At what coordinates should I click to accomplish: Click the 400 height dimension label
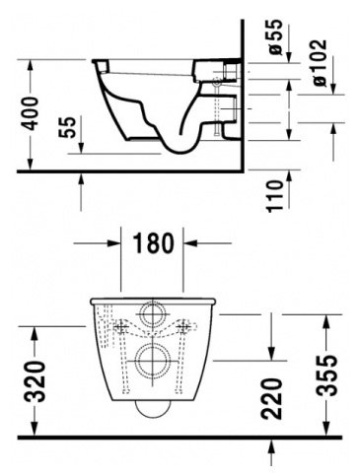pyautogui.click(x=32, y=113)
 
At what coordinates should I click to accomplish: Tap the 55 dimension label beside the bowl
pyautogui.click(x=68, y=127)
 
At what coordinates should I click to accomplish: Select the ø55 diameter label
pyautogui.click(x=275, y=36)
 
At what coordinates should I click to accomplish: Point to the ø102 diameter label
pyautogui.click(x=320, y=63)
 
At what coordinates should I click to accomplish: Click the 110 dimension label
pyautogui.click(x=275, y=196)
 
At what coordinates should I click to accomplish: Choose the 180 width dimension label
pyautogui.click(x=153, y=243)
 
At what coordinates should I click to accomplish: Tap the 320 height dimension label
pyautogui.click(x=36, y=381)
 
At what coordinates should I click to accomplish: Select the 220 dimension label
pyautogui.click(x=271, y=398)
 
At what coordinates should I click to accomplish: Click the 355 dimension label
pyautogui.click(x=326, y=374)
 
